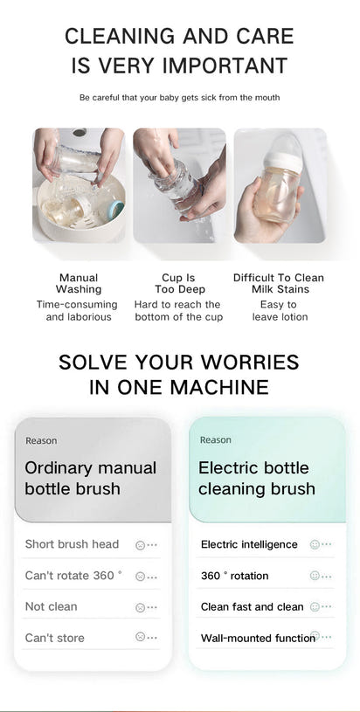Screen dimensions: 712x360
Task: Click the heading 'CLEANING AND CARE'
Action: [x=179, y=37]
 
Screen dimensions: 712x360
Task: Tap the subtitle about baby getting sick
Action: [x=179, y=98]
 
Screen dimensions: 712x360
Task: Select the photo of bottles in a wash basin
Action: [x=79, y=185]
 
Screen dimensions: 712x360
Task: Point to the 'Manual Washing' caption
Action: [x=79, y=283]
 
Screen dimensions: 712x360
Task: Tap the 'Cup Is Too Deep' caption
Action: [x=178, y=283]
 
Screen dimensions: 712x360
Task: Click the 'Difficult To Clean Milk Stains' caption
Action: [x=278, y=283]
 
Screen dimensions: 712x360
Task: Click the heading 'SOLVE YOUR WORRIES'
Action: [x=179, y=362]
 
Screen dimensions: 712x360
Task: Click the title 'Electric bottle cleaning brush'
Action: [x=256, y=478]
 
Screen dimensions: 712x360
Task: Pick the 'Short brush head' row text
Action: [x=72, y=544]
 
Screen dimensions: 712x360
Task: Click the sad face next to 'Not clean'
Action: [x=140, y=607]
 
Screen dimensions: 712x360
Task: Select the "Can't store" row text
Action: [x=54, y=639]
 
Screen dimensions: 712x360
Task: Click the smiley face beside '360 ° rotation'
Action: [x=315, y=576]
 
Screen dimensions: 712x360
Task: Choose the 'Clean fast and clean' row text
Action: [x=252, y=607]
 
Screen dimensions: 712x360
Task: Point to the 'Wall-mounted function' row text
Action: [x=257, y=639]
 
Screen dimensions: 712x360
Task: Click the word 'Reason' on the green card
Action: [x=216, y=440]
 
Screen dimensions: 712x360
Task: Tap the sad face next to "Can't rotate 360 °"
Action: [x=140, y=577]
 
